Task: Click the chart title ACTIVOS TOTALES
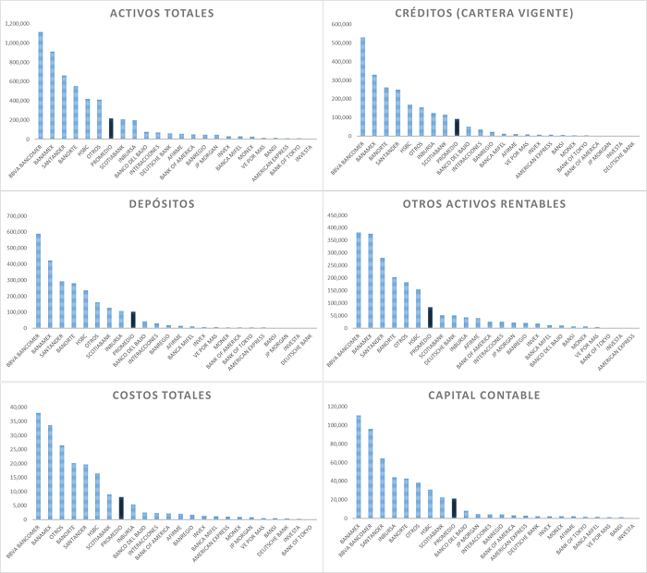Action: pyautogui.click(x=162, y=13)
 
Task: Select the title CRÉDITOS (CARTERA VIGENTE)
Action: pyautogui.click(x=484, y=13)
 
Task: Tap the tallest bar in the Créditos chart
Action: pyautogui.click(x=362, y=87)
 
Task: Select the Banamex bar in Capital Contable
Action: pyautogui.click(x=360, y=467)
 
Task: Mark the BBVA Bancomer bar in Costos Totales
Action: pyautogui.click(x=38, y=466)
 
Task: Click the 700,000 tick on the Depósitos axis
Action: pyautogui.click(x=18, y=215)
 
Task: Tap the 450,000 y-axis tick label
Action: pyautogui.click(x=339, y=215)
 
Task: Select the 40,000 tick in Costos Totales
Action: pyautogui.click(x=20, y=407)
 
